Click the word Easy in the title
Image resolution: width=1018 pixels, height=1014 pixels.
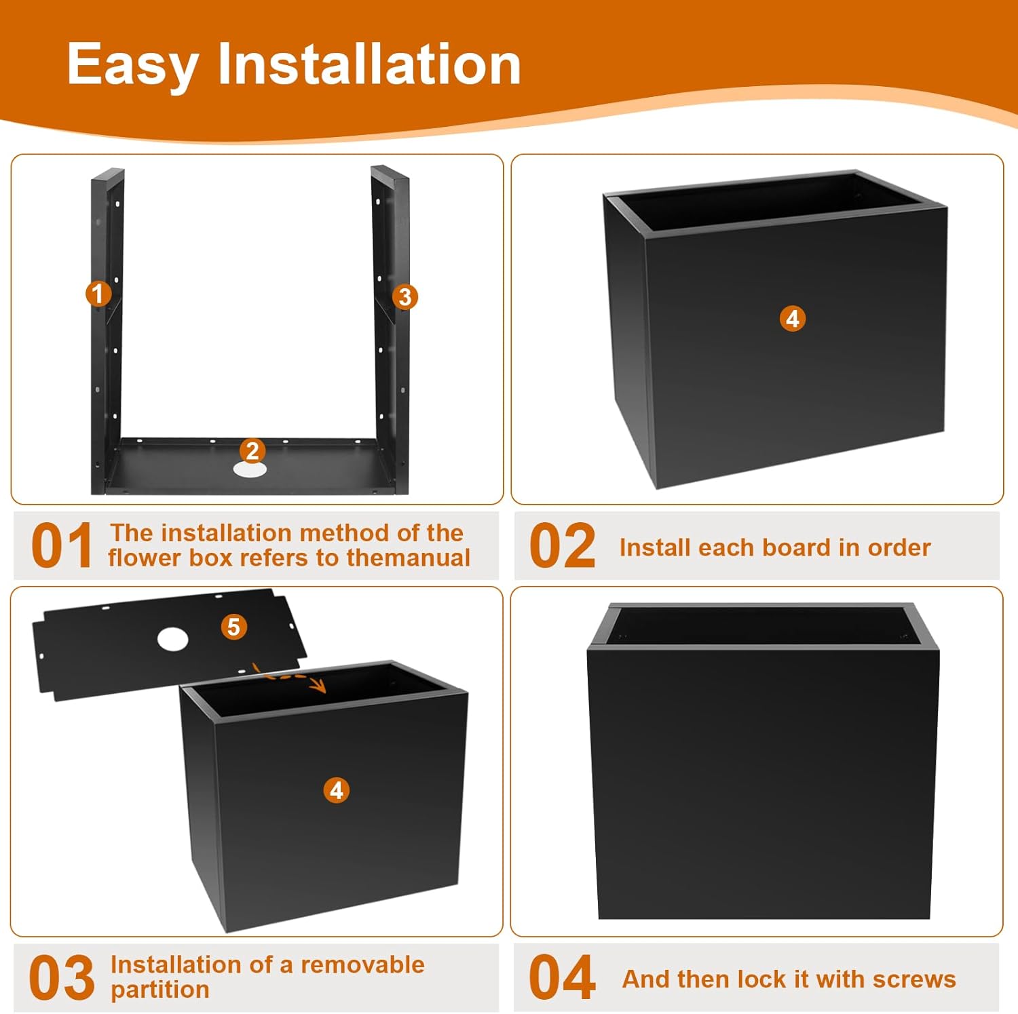[132, 65]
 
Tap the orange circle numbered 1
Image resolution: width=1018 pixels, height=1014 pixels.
[98, 294]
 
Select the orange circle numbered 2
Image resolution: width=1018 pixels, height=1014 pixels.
[252, 450]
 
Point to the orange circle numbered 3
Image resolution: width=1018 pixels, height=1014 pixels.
[405, 296]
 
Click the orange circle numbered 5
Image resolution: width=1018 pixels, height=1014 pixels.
[233, 627]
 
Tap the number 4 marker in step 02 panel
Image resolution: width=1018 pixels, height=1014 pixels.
[793, 318]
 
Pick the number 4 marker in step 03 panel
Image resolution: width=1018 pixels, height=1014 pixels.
[337, 790]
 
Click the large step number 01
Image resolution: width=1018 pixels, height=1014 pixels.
[62, 546]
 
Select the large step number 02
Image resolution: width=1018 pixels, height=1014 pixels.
[562, 546]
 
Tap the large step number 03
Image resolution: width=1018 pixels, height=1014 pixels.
[62, 977]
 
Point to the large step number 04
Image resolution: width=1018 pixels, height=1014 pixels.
[562, 977]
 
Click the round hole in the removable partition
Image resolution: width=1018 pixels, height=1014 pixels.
[172, 639]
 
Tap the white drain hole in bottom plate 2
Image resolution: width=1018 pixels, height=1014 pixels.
[250, 469]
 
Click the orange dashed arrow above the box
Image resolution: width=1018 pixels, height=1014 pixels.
[290, 679]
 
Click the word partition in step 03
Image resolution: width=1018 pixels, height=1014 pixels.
[160, 990]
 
